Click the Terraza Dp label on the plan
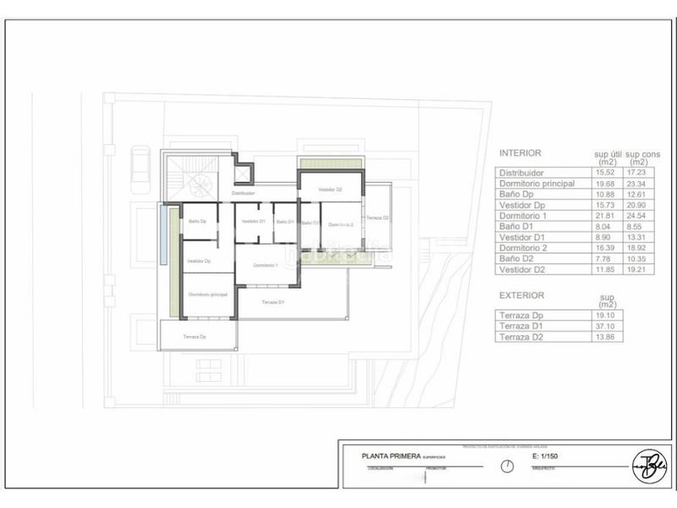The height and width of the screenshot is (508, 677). pyautogui.click(x=195, y=336)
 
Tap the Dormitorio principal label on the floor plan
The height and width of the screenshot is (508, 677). pyautogui.click(x=207, y=294)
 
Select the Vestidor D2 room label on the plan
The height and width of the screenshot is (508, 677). pyautogui.click(x=330, y=190)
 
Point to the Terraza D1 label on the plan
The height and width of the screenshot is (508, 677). pyautogui.click(x=272, y=302)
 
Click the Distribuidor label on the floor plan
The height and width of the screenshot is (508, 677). pyautogui.click(x=243, y=193)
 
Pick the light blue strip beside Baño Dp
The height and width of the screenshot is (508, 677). pyautogui.click(x=162, y=235)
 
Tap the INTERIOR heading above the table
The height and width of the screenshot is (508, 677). pyautogui.click(x=520, y=153)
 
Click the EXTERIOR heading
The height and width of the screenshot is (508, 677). pyautogui.click(x=522, y=295)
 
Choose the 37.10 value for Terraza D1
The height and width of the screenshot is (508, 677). pyautogui.click(x=606, y=326)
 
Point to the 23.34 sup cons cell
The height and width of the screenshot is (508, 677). pyautogui.click(x=641, y=184)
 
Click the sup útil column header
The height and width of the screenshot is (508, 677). pyautogui.click(x=607, y=157)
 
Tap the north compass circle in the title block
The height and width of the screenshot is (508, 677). pyautogui.click(x=507, y=467)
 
